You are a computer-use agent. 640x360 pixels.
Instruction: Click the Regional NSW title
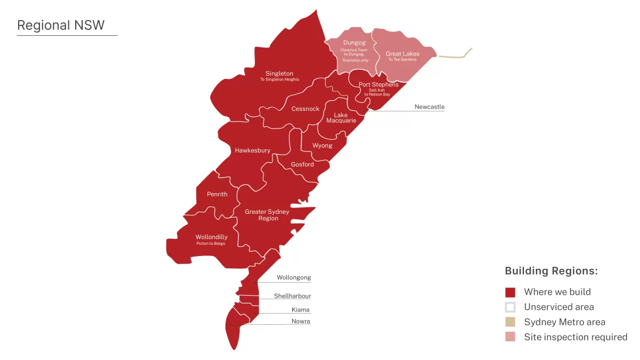61,25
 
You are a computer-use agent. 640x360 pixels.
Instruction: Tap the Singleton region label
279,74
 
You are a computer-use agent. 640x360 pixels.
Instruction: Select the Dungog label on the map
354,42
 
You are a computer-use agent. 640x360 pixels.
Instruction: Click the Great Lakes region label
402,53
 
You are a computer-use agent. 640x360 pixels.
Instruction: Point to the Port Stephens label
378,84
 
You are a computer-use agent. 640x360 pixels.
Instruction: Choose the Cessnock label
305,109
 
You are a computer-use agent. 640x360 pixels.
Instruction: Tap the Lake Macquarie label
341,118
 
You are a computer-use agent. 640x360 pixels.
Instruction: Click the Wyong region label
322,146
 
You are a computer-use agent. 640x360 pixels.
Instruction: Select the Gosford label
302,164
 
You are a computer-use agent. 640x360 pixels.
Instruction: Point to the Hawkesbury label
252,150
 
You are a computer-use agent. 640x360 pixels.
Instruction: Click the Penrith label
217,194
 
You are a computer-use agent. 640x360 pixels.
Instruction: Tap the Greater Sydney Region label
267,215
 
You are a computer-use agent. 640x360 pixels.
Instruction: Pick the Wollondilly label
211,237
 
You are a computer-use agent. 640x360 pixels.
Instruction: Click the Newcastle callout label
429,107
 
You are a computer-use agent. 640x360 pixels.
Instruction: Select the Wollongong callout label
293,277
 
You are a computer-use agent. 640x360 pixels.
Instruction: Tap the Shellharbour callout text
292,296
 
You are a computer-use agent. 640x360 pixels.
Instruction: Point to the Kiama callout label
300,310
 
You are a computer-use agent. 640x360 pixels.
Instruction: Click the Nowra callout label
301,321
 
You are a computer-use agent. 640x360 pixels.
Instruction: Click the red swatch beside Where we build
510,292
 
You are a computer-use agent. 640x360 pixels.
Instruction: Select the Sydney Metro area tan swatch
510,322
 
